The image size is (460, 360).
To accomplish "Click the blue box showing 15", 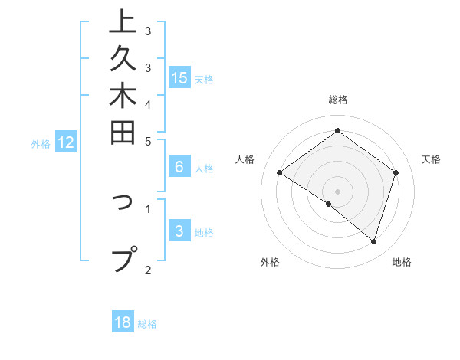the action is pos(179,77).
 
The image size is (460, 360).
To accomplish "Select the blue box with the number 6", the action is pos(179,167).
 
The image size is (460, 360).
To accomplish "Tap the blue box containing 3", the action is pos(179,231).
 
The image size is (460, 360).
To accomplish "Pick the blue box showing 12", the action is pos(66,142).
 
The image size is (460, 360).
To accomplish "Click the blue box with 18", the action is pos(123,322).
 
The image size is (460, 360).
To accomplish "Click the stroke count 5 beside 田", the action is pos(148,141).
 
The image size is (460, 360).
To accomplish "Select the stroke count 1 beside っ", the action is pos(148,207).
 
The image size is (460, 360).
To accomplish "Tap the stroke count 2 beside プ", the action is pos(148,270).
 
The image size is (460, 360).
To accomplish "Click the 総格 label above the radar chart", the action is pos(338,100).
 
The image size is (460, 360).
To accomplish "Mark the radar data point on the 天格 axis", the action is pos(396,172).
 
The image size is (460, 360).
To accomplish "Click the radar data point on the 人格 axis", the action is pos(280,172).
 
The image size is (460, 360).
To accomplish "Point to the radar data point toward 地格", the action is pos(373,241).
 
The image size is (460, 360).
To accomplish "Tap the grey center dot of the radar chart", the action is pos(338,191).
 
